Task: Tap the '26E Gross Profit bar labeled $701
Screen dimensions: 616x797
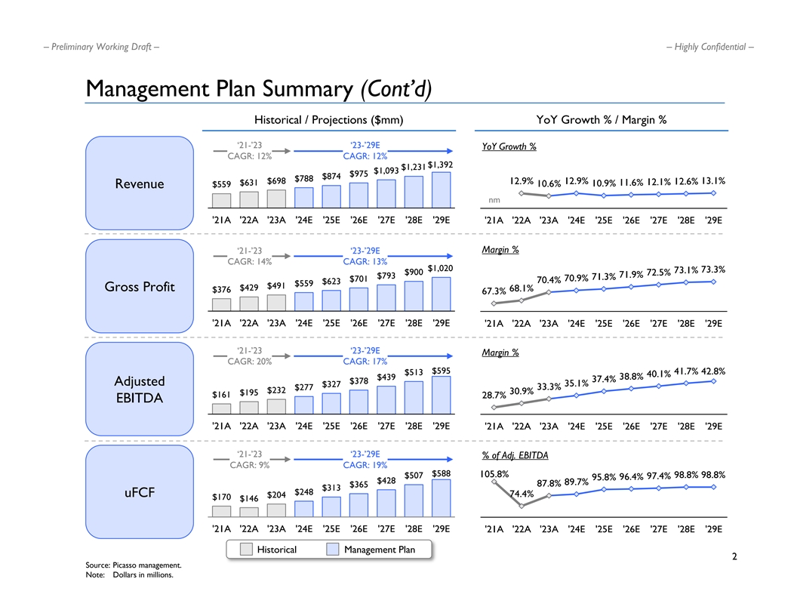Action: pos(358,299)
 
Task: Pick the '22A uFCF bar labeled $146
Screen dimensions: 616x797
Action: pos(248,513)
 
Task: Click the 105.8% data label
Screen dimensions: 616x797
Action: pos(494,475)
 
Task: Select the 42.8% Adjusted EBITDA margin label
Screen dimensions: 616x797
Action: pos(712,371)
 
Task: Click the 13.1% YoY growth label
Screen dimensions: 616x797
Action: pos(712,181)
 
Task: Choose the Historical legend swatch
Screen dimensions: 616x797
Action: pos(246,550)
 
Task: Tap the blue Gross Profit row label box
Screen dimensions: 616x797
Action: pos(140,287)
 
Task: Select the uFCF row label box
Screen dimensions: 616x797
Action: pos(140,493)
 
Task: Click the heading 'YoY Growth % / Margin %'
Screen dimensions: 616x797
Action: pos(601,119)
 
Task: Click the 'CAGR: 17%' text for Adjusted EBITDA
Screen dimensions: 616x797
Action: pos(365,362)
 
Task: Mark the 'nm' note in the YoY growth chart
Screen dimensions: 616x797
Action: pos(494,201)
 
